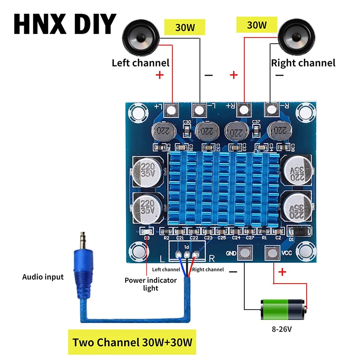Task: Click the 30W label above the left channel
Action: [185, 27]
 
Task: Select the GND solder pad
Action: [244, 253]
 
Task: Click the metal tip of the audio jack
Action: [83, 239]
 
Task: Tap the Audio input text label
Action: [43, 277]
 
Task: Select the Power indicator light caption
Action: [151, 284]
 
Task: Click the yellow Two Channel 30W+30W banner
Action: [132, 342]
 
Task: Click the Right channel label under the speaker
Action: [303, 63]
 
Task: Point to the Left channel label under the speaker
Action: [140, 63]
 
